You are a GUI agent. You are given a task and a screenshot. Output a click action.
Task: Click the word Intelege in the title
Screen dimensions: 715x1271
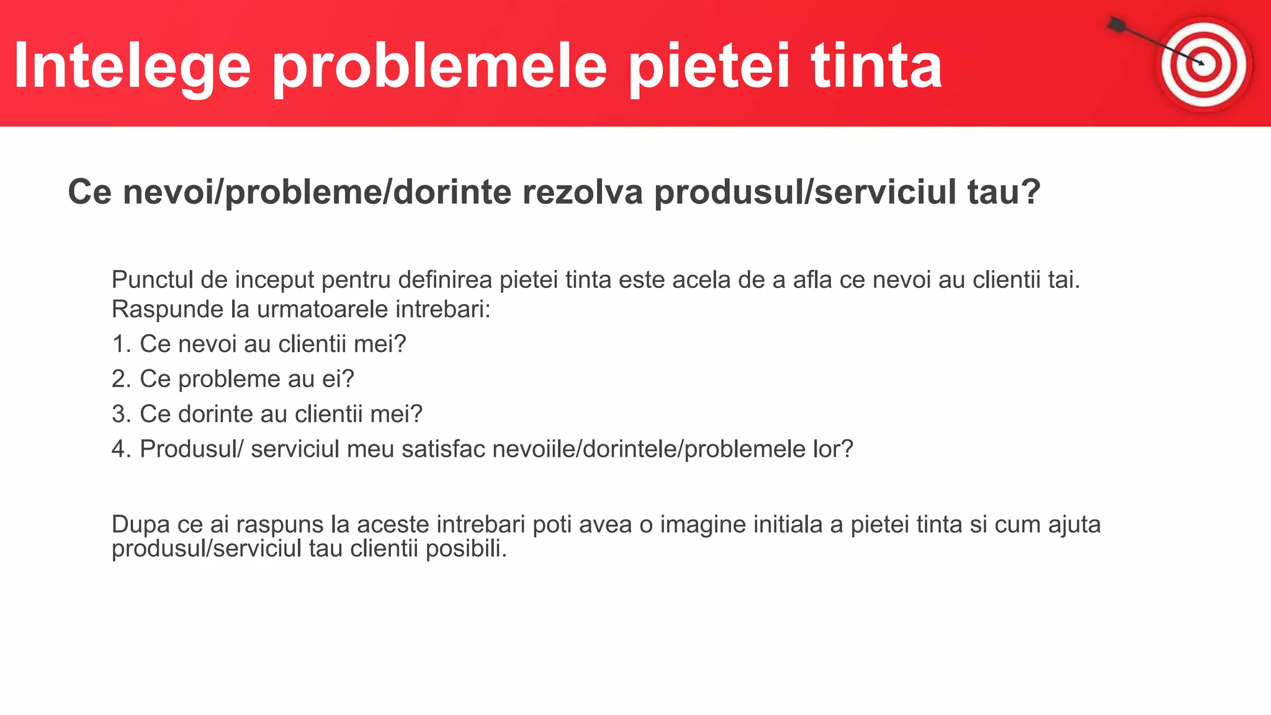(x=132, y=66)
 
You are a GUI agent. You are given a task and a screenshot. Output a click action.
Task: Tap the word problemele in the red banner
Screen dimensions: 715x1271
(x=439, y=66)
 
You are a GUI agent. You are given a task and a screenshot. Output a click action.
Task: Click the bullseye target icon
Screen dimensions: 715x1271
(x=1204, y=65)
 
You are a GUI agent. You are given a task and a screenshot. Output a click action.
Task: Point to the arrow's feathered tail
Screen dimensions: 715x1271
(x=1116, y=25)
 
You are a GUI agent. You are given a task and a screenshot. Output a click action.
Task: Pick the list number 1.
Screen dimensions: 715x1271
(x=120, y=344)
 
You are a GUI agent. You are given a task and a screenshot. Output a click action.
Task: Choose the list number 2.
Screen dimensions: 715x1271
(x=120, y=379)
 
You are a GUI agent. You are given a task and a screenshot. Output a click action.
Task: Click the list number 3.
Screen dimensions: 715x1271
(x=120, y=414)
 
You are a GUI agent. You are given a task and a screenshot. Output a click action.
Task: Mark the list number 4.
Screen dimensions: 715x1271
(x=120, y=449)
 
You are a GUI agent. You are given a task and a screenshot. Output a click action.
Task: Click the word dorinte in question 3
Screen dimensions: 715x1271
(x=215, y=414)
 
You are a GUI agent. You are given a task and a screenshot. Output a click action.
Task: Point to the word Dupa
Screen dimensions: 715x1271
(x=140, y=524)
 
